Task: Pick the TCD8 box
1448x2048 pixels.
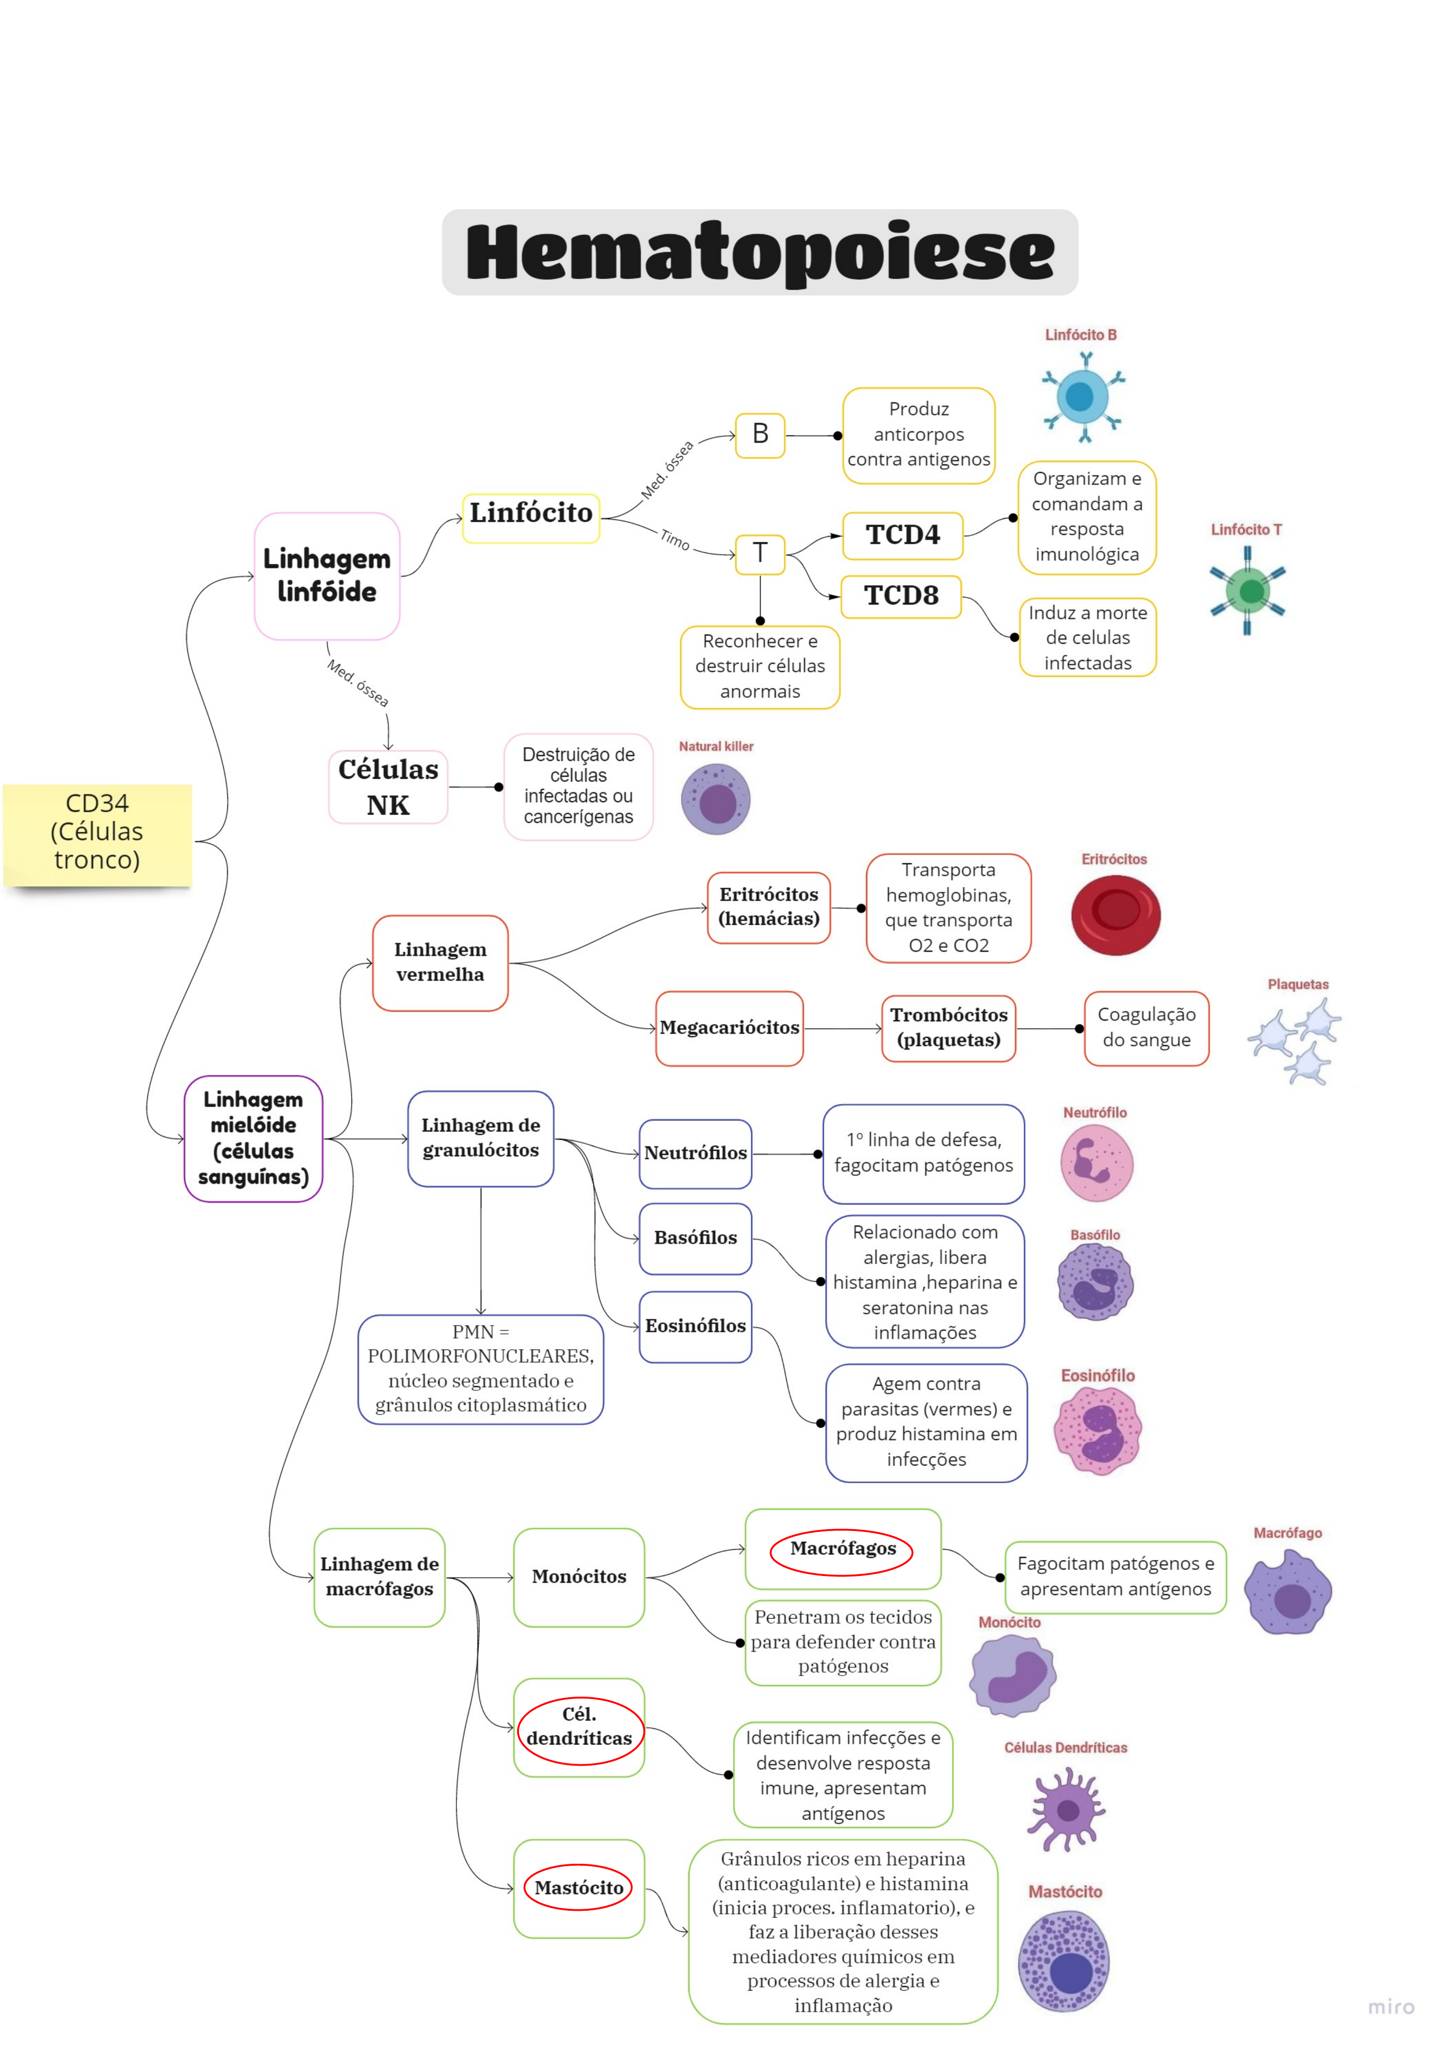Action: tap(901, 596)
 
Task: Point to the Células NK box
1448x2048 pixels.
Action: tap(388, 787)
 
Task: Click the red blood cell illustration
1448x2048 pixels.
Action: tap(1115, 914)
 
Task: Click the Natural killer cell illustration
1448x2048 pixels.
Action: tap(716, 800)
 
